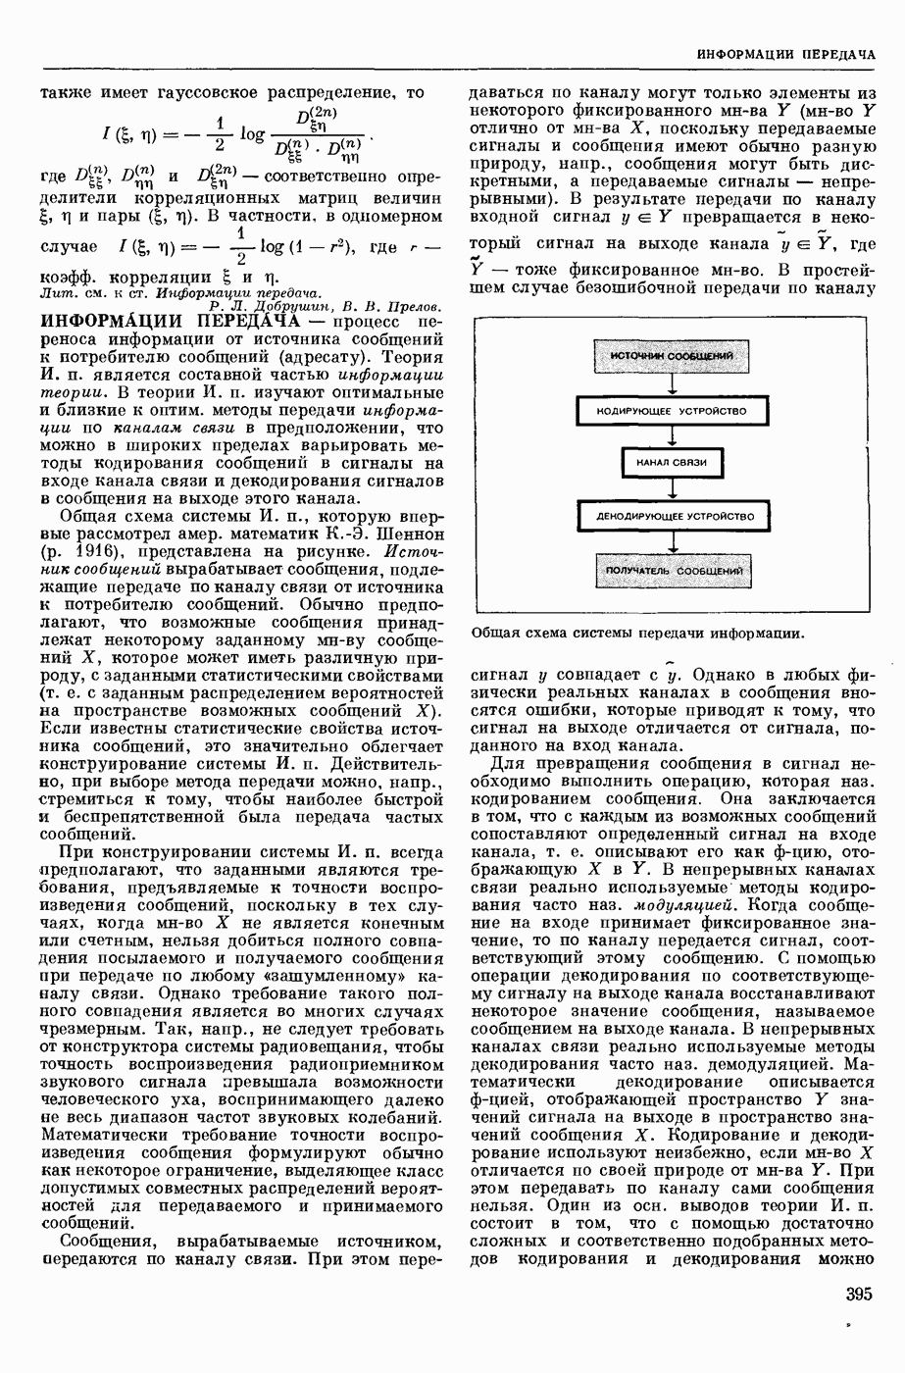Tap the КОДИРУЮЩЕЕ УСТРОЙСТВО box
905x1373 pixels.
[x=671, y=410]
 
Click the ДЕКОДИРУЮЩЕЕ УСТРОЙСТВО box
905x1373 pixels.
[x=671, y=515]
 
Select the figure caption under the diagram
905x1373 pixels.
[x=637, y=634]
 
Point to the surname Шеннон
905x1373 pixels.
[x=411, y=534]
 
